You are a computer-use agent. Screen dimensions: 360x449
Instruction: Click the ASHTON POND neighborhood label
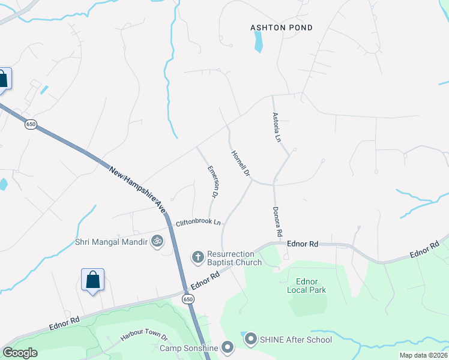[x=282, y=27]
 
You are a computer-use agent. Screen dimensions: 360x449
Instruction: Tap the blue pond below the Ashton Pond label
[x=258, y=41]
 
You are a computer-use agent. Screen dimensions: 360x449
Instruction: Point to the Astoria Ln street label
[x=277, y=127]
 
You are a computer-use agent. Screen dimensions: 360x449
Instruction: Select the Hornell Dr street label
[x=241, y=163]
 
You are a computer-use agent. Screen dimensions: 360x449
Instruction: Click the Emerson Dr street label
[x=212, y=182]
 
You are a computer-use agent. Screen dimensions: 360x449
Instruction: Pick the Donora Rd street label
[x=277, y=221]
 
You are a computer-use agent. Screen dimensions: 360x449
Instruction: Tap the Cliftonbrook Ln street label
[x=198, y=223]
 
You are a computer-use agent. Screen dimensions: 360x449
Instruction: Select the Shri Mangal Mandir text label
[x=112, y=242]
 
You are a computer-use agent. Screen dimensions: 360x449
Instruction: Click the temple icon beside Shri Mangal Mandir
[x=157, y=241]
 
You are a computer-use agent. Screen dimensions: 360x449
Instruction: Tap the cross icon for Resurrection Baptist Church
[x=197, y=257]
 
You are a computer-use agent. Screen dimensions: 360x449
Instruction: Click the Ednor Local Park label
[x=311, y=286]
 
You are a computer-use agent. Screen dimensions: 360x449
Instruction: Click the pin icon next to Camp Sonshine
[x=228, y=347]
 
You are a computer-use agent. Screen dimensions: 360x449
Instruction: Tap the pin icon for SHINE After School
[x=251, y=340]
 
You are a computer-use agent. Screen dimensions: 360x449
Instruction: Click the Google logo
[x=20, y=353]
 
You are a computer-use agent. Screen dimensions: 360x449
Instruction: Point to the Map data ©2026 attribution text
[x=423, y=355]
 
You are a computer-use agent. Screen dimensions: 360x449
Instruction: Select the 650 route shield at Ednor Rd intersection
[x=188, y=298]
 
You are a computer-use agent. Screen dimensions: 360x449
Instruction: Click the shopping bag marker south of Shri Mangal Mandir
[x=92, y=280]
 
